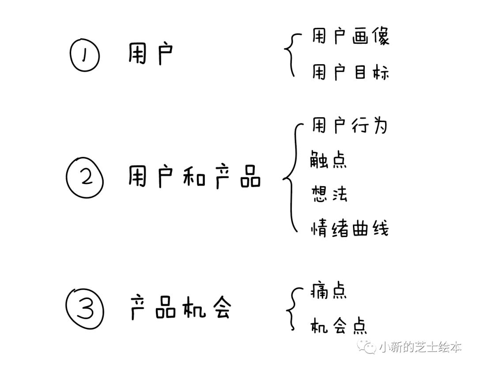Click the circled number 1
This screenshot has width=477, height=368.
click(85, 57)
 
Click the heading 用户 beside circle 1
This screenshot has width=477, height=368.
click(150, 54)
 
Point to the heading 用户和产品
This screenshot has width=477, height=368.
click(194, 177)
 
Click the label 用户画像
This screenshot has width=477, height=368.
click(350, 37)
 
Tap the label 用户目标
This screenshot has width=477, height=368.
click(350, 72)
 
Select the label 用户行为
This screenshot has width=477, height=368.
click(349, 126)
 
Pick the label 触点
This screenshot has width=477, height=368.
click(329, 159)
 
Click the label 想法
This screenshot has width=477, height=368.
click(329, 194)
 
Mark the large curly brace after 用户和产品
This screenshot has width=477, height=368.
click(290, 178)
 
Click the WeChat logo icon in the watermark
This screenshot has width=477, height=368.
click(368, 346)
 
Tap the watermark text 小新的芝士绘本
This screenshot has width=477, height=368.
click(420, 347)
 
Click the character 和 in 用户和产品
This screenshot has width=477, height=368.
click(194, 177)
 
